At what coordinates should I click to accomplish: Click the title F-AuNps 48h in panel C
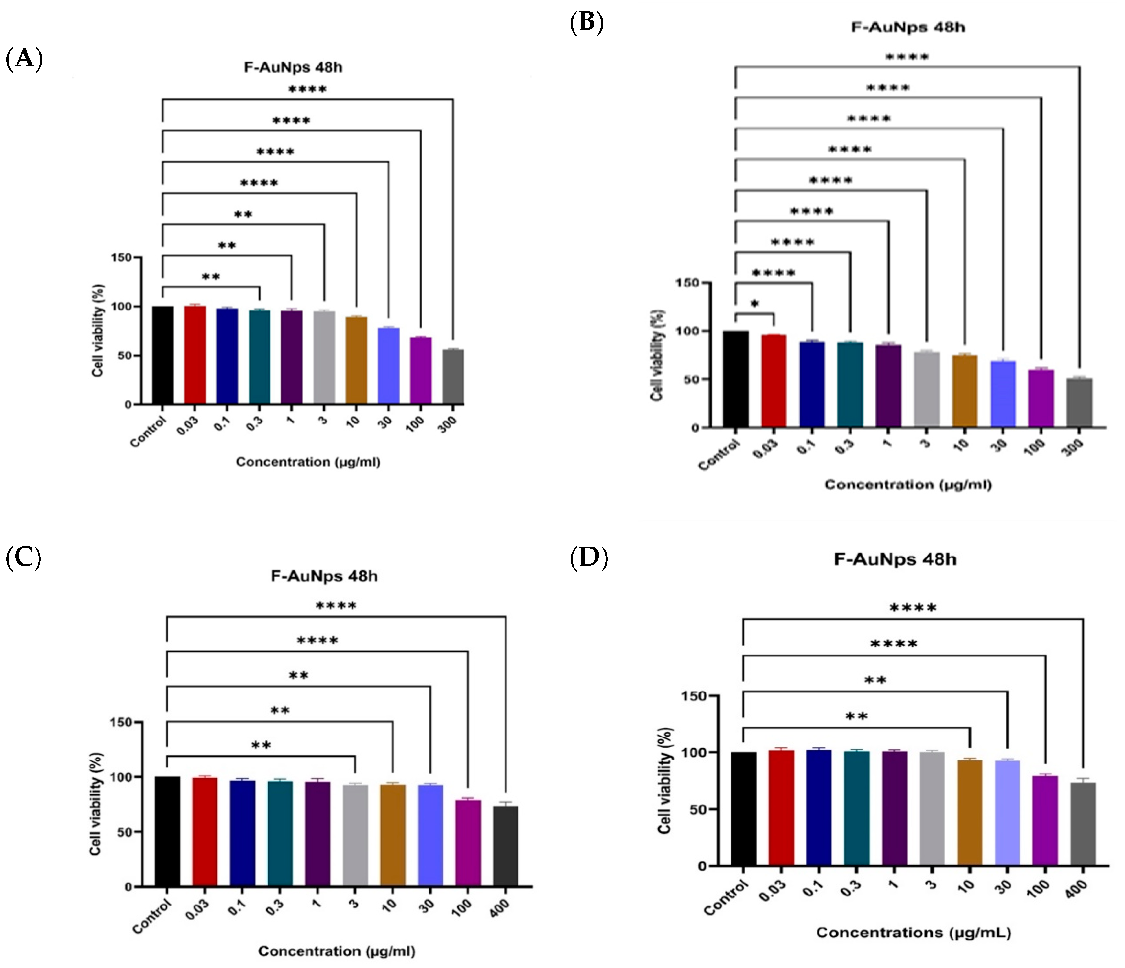click(324, 576)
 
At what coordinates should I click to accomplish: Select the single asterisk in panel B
click(755, 305)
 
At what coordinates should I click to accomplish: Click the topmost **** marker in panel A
click(307, 90)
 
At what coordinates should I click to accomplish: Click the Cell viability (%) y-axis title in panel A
click(98, 330)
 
